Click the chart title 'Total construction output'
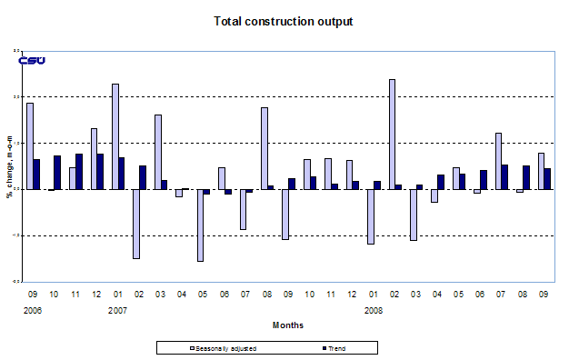tap(283, 21)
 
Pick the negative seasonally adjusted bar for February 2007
tap(136, 224)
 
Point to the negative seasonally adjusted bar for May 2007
tap(200, 225)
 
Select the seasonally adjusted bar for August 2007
tap(265, 148)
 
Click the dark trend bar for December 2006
tap(101, 171)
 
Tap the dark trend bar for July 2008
tap(504, 177)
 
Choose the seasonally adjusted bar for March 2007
tap(158, 152)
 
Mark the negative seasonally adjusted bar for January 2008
tap(371, 216)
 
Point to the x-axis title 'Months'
tap(288, 325)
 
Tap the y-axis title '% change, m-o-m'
tap(10, 167)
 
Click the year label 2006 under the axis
tap(34, 310)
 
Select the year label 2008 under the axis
tap(374, 310)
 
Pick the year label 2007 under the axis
tap(119, 310)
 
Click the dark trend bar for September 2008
tap(547, 178)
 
